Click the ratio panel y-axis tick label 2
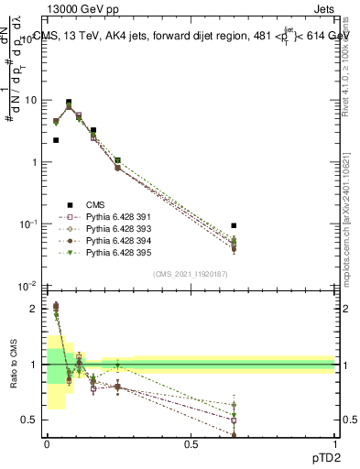(36, 309)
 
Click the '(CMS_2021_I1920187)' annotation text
(190, 274)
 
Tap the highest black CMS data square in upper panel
(69, 103)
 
